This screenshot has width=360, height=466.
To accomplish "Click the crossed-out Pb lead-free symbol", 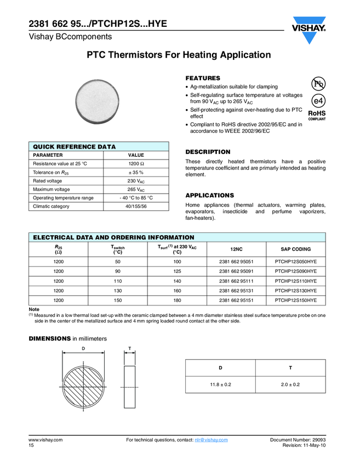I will [x=318, y=84].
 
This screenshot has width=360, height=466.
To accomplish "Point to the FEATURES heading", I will [x=203, y=78].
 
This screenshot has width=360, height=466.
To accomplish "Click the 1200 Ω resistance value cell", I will [x=136, y=164].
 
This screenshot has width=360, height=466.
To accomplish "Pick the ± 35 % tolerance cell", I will [x=136, y=173].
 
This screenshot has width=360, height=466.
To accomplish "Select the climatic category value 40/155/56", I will [x=136, y=206].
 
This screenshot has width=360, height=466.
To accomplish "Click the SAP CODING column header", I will [x=295, y=249].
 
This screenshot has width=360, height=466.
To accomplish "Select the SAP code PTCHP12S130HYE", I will [x=295, y=291].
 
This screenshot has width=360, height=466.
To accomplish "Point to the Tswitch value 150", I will [x=117, y=300].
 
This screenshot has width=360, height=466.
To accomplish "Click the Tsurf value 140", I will [x=177, y=281].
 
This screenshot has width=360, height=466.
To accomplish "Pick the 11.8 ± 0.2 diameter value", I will [x=221, y=384].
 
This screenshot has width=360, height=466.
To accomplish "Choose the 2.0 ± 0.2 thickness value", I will [x=290, y=384].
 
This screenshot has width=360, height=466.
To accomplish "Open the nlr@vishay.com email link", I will [x=211, y=440].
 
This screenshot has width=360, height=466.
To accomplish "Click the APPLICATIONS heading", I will [x=209, y=195].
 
